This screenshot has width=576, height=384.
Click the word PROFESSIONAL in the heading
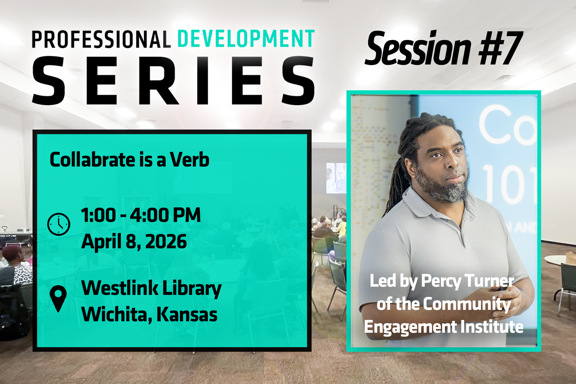pyautogui.click(x=101, y=39)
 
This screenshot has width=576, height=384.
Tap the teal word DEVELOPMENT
pyautogui.click(x=246, y=38)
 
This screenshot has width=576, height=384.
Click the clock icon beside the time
pyautogui.click(x=59, y=224)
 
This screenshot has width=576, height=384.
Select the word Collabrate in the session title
pyautogui.click(x=93, y=160)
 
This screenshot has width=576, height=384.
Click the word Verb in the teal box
pyautogui.click(x=190, y=160)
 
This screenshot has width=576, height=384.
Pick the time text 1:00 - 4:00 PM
pyautogui.click(x=141, y=215)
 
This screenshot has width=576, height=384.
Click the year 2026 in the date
pyautogui.click(x=166, y=242)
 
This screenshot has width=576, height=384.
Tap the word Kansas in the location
pyautogui.click(x=187, y=314)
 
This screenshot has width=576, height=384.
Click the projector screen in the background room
pyautogui.click(x=336, y=178)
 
